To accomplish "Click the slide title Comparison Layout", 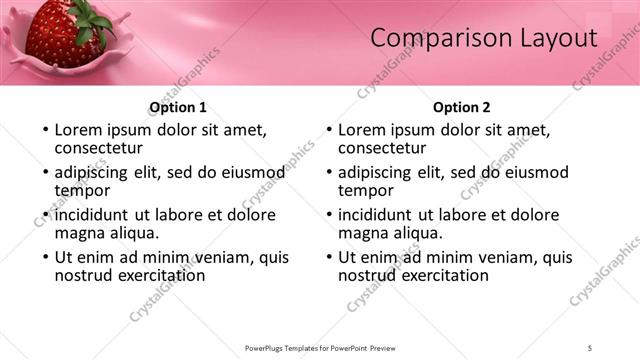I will [483, 38].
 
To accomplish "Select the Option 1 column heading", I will [178, 107].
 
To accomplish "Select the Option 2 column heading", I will [462, 107].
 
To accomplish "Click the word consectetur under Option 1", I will [100, 148].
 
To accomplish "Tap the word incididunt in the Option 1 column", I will [94, 214].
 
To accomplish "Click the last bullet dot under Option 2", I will [328, 257].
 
